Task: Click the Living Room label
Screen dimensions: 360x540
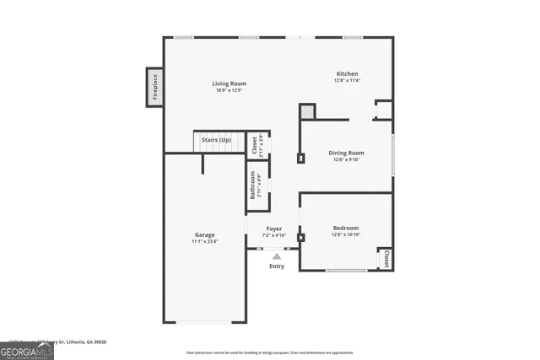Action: click(x=229, y=83)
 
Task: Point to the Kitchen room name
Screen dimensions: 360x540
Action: click(x=348, y=74)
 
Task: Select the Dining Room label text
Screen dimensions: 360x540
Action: click(x=346, y=153)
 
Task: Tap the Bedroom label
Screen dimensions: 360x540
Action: click(x=346, y=228)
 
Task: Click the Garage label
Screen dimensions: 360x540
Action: click(x=204, y=234)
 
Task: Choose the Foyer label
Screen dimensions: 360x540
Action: click(x=274, y=228)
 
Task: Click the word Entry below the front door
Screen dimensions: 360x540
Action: click(x=277, y=266)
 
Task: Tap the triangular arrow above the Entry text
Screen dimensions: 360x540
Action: click(x=277, y=255)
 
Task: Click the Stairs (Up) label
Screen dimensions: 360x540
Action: click(x=216, y=139)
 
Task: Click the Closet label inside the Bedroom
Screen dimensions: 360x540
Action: click(x=386, y=259)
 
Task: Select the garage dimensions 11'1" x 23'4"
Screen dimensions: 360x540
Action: click(x=204, y=242)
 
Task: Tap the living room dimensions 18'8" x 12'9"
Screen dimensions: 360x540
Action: click(x=229, y=91)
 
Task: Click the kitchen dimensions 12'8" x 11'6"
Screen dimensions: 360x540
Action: click(x=348, y=81)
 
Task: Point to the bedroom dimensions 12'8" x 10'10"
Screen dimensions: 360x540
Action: click(x=346, y=235)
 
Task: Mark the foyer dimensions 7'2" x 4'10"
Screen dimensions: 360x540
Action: click(x=274, y=235)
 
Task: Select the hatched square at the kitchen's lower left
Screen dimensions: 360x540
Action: click(x=307, y=111)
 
